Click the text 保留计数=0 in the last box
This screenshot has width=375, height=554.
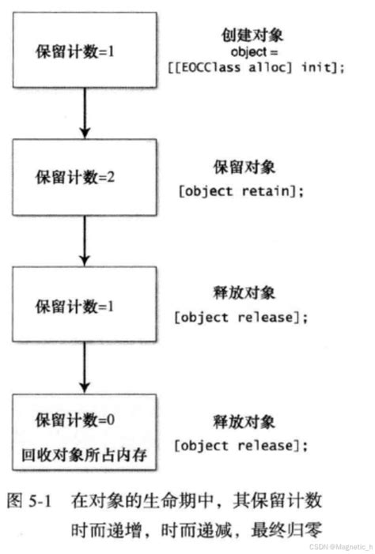click(x=76, y=420)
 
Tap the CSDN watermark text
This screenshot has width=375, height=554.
click(x=340, y=546)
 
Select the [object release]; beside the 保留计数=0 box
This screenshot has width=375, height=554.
click(x=241, y=447)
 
